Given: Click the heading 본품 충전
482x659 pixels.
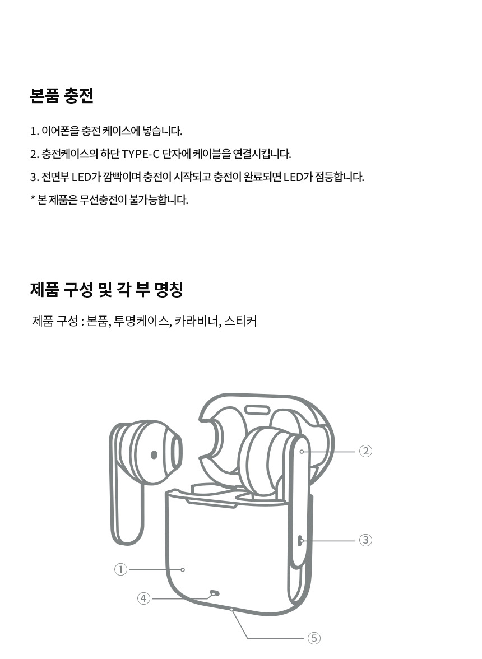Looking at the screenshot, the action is (61, 95).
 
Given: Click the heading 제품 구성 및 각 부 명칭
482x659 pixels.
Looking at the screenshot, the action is (106, 289).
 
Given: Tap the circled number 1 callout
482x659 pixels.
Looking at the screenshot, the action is (121, 569).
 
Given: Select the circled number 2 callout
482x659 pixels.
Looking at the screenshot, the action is (365, 451).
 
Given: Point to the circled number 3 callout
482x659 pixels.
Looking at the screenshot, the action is (365, 540).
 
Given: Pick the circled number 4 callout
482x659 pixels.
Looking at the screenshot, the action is (143, 598).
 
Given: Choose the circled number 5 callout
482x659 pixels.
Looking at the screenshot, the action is (314, 638).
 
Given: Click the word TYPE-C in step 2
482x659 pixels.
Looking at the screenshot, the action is (140, 154).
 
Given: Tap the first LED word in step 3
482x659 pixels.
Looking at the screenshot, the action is (81, 177).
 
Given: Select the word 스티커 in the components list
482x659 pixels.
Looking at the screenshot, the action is (240, 321).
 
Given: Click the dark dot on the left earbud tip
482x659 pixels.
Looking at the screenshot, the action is (154, 455).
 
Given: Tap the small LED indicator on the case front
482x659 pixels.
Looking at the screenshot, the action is (214, 593).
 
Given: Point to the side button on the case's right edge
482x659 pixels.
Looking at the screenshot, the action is (300, 540).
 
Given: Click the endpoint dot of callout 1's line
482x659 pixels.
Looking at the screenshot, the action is (183, 569).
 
